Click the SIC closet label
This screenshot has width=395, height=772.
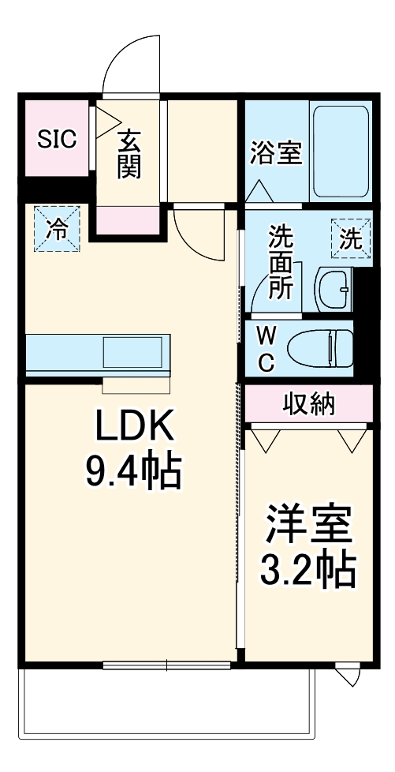click(58, 140)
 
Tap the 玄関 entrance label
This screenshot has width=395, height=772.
click(130, 154)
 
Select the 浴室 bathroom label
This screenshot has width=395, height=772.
click(276, 153)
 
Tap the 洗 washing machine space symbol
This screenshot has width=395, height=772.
click(348, 238)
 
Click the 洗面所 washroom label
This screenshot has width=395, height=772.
click(281, 261)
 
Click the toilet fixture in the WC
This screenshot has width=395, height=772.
click(319, 347)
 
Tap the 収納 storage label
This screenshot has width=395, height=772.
click(309, 403)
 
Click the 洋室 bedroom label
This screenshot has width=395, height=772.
click(308, 524)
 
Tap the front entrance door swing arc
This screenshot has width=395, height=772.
click(130, 59)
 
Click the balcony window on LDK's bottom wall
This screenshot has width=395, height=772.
click(166, 665)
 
